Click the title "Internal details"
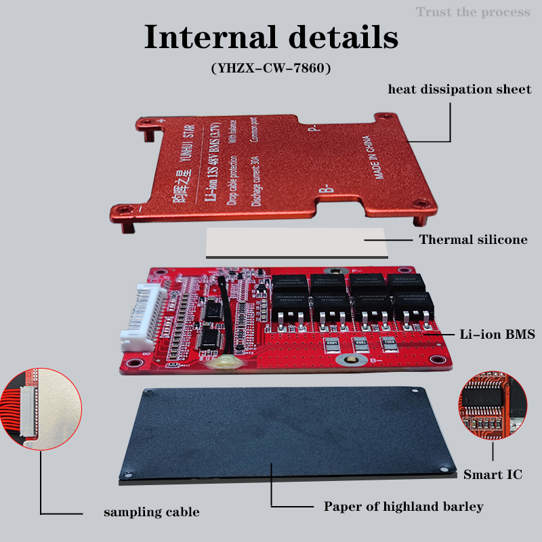(x=271, y=37)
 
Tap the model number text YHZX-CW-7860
(x=271, y=68)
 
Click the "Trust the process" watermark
(x=473, y=12)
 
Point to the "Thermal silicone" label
(x=473, y=239)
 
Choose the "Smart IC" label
(x=493, y=474)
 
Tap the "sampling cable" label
(x=151, y=512)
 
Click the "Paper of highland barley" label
(x=403, y=506)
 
